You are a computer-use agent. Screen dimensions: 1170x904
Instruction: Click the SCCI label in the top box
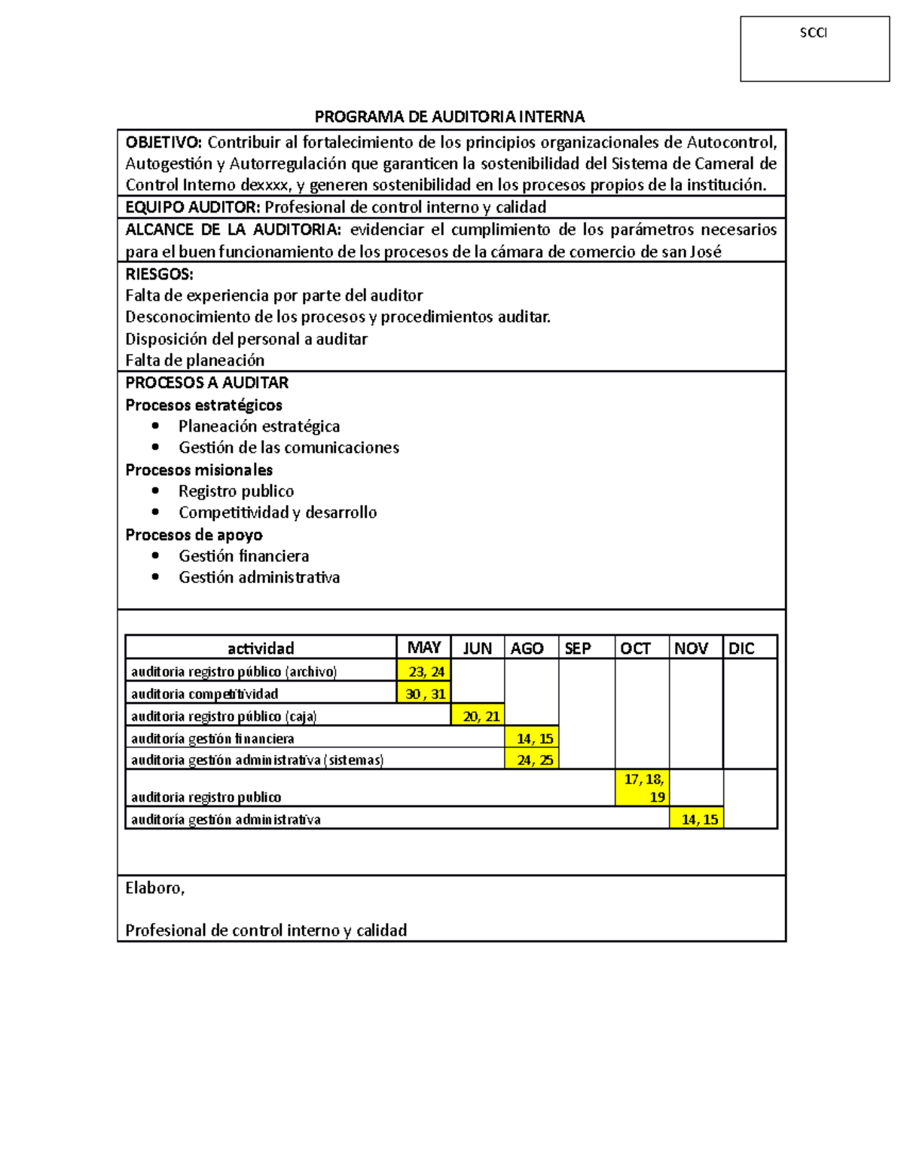pos(813,33)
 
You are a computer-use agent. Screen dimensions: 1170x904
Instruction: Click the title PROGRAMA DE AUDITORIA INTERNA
pos(450,117)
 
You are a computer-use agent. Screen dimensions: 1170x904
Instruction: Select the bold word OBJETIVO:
pos(163,142)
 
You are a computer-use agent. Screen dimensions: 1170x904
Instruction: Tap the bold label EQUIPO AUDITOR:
pos(193,207)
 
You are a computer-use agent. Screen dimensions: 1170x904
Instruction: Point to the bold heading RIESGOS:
pos(159,274)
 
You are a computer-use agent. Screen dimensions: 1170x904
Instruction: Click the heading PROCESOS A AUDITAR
pos(206,383)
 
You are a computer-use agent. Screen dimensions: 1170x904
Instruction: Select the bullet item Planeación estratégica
pos(258,426)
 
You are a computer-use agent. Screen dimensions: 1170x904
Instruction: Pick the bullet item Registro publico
pos(236,491)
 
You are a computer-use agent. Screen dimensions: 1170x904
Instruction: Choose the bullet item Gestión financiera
pos(243,556)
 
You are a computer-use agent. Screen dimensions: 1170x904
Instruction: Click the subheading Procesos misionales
pos(199,470)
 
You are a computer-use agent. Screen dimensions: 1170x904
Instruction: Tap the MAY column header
pos(423,648)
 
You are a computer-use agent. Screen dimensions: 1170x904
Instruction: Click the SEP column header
pos(578,649)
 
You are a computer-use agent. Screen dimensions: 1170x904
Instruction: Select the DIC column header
pos(741,649)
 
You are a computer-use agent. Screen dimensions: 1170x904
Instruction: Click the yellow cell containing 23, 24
pos(424,671)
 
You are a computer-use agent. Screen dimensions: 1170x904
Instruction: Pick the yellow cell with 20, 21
pos(478,716)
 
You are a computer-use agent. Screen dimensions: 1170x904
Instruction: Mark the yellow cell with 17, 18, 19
pos(643,788)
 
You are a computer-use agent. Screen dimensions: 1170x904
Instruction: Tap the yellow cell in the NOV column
pos(697,819)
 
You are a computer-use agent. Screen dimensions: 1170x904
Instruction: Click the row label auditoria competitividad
pos(204,694)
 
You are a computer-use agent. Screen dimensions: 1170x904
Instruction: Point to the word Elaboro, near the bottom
pos(154,888)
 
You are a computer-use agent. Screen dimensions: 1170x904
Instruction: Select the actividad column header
pos(261,649)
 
